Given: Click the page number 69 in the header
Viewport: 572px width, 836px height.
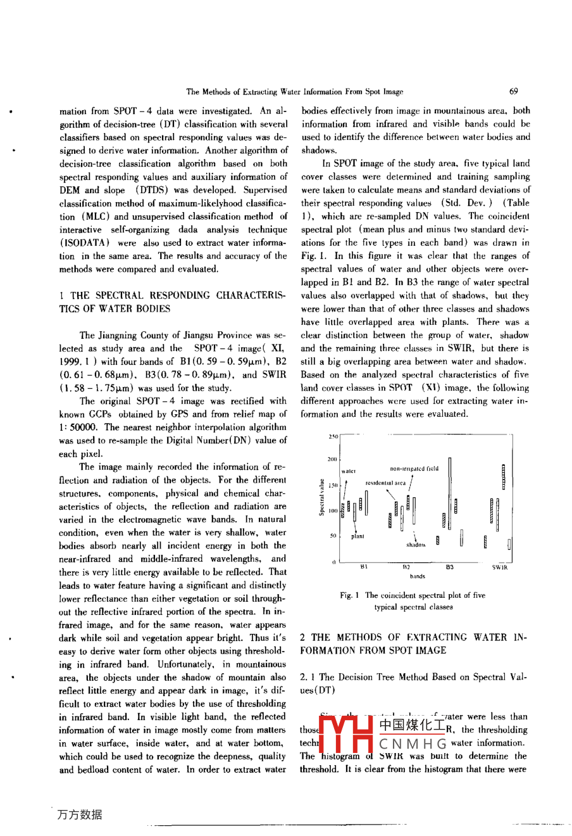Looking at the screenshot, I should [513, 92].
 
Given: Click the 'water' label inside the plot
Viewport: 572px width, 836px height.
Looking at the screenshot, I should [349, 471].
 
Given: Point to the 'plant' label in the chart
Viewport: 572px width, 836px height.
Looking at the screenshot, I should [357, 536].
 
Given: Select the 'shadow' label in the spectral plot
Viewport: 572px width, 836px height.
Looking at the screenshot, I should [416, 545].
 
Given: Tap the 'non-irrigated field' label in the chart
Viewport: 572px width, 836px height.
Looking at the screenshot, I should [414, 469].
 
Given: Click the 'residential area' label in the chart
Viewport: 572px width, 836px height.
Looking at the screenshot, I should [385, 483].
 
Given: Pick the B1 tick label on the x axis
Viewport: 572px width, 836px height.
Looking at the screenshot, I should [364, 567].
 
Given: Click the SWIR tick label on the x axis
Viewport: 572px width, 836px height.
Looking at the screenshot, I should [499, 567].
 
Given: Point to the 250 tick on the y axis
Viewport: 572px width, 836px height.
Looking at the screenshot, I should [333, 436].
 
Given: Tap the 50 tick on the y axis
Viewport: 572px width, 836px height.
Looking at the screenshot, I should [333, 536].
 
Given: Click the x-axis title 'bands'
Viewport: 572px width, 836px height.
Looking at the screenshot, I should [417, 576].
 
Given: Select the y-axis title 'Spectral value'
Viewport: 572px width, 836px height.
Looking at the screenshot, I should [321, 498].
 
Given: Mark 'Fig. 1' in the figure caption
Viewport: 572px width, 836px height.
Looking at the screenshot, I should [349, 595].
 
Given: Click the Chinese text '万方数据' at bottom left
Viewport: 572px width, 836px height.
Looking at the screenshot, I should [79, 815].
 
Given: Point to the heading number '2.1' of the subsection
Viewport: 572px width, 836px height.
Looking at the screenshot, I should [308, 677].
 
